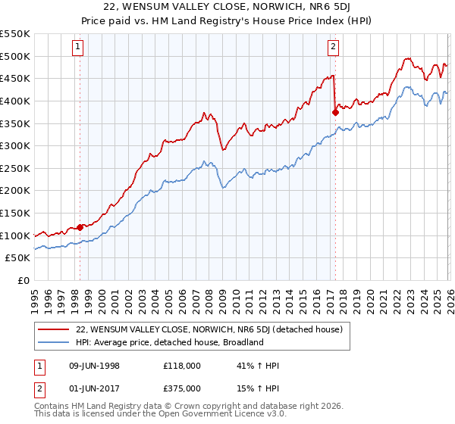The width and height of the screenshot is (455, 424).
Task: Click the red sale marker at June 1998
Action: (80, 227)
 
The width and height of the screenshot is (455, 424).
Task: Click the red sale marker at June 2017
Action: (334, 112)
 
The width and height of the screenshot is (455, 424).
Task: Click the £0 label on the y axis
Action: (23, 281)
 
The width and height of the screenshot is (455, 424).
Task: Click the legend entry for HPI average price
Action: (168, 342)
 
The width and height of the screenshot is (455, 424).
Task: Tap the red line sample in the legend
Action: (54, 329)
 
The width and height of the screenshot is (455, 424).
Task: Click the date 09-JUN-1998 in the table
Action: (95, 366)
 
